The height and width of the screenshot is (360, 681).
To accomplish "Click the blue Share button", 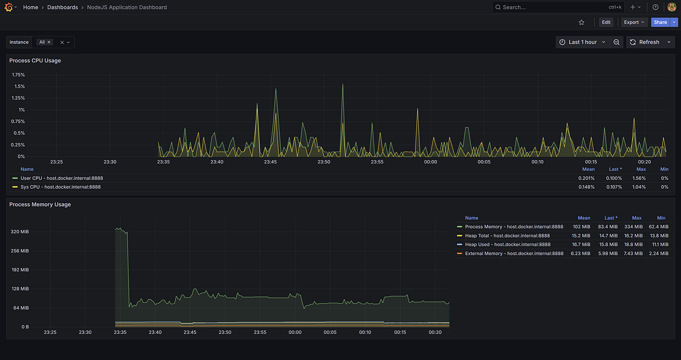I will (660, 22).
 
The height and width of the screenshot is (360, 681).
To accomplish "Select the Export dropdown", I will (634, 22).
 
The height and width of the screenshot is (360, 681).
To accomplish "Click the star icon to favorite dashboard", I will (582, 22).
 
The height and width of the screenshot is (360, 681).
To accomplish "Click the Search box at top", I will (545, 7).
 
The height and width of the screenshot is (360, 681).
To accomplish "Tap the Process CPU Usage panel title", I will (35, 60).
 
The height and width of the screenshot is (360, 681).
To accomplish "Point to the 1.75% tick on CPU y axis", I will (18, 75).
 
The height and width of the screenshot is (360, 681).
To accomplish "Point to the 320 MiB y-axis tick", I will (20, 232).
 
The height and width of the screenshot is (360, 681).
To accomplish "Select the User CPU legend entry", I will (61, 178).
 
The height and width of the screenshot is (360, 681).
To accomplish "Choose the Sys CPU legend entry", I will (60, 187).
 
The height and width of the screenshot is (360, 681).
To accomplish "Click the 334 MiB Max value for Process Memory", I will (636, 227).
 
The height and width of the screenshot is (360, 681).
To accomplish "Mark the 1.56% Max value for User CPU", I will (641, 178).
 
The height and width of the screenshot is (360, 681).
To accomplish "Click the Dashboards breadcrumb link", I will (62, 7).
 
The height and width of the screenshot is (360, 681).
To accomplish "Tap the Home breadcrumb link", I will (31, 7).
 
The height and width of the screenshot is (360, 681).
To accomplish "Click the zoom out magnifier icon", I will (617, 42).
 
